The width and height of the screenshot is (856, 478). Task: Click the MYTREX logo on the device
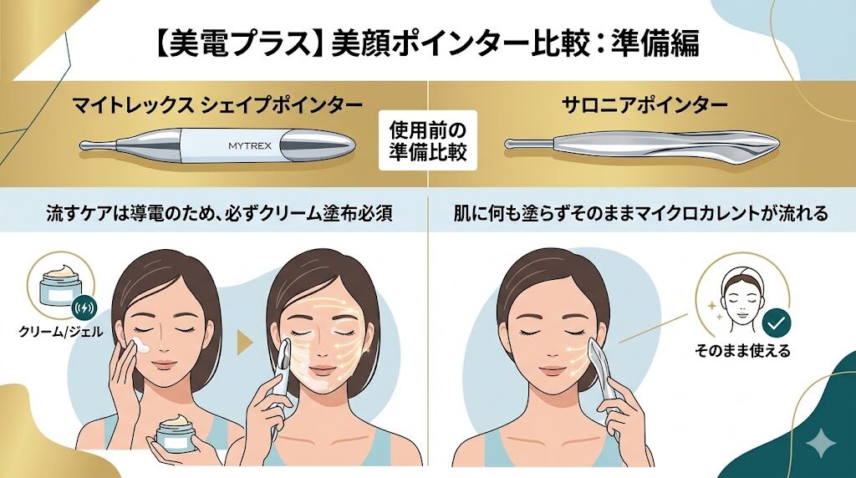point(249,145)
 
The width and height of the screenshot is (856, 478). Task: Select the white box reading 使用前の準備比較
point(427,140)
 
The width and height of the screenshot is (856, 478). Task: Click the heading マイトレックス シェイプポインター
point(217,104)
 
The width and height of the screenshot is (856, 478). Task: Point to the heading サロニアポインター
point(645,104)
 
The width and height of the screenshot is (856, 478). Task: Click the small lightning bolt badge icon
point(84,308)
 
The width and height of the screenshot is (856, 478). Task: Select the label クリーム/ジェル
point(60,331)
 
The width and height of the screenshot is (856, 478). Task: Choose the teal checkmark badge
point(776,323)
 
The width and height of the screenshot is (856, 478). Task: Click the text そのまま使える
point(742,350)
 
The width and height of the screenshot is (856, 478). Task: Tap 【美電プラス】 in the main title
point(236,43)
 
